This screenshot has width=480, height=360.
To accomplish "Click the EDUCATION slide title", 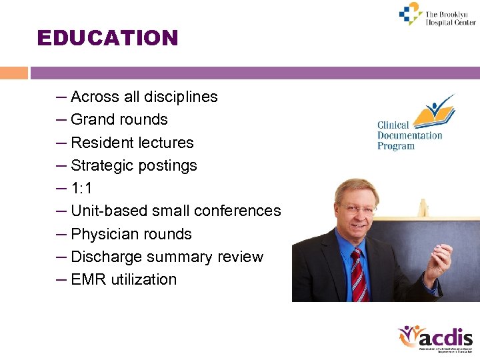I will click(108, 38).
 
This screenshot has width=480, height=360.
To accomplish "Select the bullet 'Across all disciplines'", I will click(143, 97).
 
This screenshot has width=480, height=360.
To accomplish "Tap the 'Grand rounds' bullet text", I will click(119, 120).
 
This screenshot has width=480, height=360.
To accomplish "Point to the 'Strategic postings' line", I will click(133, 165).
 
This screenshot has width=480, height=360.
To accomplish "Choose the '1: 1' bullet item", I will click(81, 189).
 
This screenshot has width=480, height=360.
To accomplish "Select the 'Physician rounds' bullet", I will click(131, 234).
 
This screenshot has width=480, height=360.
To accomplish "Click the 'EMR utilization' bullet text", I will click(123, 279).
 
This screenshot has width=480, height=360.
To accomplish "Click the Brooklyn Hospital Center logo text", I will click(450, 18).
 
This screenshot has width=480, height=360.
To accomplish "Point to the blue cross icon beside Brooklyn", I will click(410, 14).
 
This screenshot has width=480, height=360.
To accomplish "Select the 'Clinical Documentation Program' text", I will click(409, 135).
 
